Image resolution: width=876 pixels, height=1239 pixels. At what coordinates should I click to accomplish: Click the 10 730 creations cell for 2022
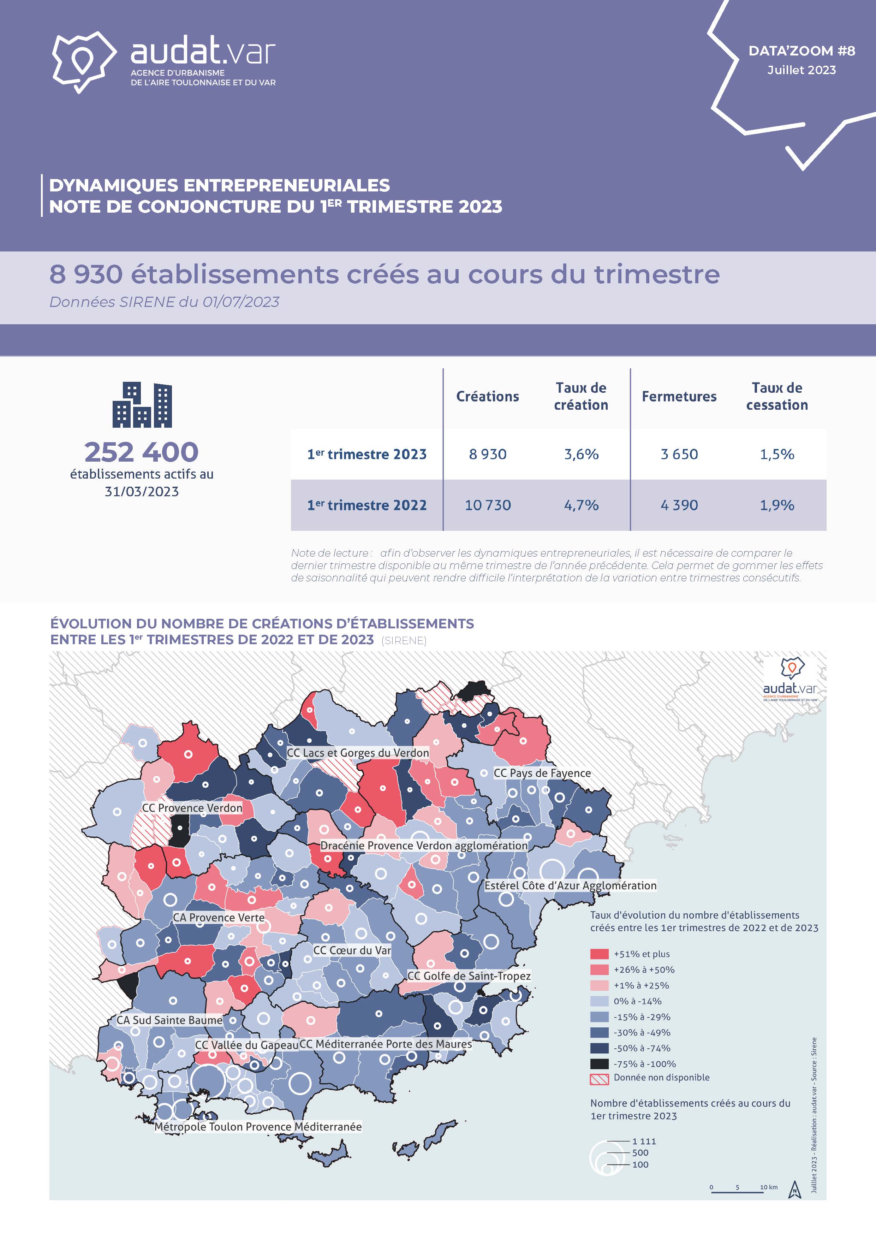(x=488, y=505)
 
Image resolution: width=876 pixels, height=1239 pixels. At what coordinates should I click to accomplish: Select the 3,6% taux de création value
(x=581, y=454)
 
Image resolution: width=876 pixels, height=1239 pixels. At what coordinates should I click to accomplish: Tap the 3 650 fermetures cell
(x=679, y=454)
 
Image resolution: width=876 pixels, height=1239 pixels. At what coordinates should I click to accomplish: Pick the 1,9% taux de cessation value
(x=777, y=505)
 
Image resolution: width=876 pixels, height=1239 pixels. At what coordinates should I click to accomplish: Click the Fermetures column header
(x=679, y=397)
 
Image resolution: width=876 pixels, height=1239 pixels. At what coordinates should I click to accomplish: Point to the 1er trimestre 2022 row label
(x=367, y=505)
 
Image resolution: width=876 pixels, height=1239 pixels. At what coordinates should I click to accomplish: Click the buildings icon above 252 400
(x=142, y=405)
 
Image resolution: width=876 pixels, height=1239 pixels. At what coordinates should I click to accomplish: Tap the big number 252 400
(x=142, y=452)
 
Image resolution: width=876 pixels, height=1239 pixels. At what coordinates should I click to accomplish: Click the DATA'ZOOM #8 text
(x=801, y=51)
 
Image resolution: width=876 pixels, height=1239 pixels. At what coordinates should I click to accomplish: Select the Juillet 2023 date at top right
(x=801, y=70)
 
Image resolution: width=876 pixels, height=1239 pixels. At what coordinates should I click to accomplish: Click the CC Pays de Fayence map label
(x=542, y=773)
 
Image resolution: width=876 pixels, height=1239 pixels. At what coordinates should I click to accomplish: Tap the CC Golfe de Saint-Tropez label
(x=469, y=976)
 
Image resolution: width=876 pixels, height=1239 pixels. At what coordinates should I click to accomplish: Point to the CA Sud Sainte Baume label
(x=169, y=1020)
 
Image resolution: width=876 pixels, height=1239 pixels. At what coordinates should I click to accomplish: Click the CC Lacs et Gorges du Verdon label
(x=358, y=752)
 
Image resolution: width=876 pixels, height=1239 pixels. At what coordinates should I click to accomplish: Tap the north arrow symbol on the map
(x=794, y=1189)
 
